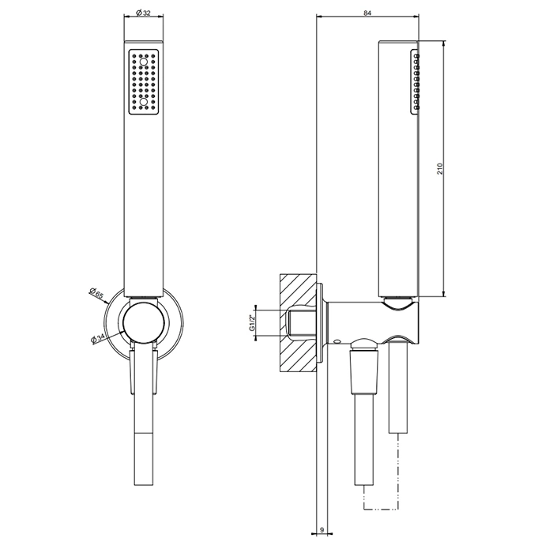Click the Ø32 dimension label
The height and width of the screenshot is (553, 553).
click(143, 13)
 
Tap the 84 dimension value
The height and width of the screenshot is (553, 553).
click(367, 13)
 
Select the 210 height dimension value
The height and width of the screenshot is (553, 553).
click(439, 169)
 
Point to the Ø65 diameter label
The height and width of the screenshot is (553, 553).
click(96, 293)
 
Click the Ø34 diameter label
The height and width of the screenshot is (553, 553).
click(98, 339)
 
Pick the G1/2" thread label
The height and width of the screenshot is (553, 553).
click(252, 323)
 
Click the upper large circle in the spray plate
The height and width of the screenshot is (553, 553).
click(143, 62)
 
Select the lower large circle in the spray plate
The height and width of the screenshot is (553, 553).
click(143, 102)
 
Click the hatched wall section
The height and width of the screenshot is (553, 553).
click(298, 322)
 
